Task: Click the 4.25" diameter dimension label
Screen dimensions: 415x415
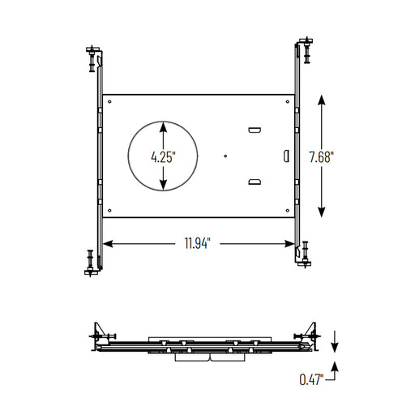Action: pyautogui.click(x=163, y=156)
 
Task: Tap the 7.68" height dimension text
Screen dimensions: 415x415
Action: pyautogui.click(x=321, y=157)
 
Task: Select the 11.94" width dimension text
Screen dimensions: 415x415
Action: pyautogui.click(x=198, y=243)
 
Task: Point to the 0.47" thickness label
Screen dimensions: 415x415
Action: pyautogui.click(x=311, y=379)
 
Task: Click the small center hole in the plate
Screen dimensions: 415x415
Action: pyautogui.click(x=225, y=156)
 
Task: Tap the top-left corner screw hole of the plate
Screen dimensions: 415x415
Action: pyautogui.click(x=109, y=101)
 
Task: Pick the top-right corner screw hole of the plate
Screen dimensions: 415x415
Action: pyautogui.click(x=288, y=101)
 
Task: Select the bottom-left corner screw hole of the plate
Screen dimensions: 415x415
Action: pyautogui.click(x=109, y=211)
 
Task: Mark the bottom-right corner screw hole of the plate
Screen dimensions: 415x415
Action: pyautogui.click(x=288, y=211)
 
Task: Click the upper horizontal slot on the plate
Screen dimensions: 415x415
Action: pyautogui.click(x=255, y=130)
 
